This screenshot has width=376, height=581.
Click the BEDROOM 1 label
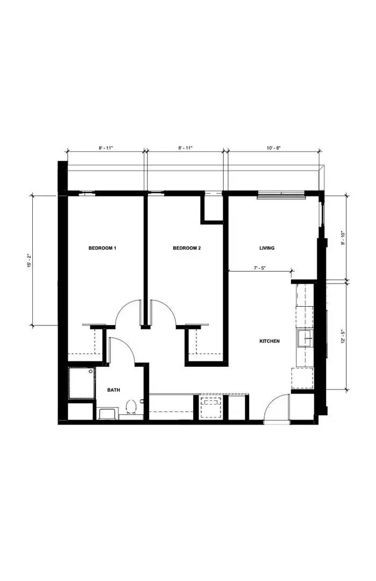102,248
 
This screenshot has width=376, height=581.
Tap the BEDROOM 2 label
187,248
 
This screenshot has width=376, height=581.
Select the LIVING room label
267,248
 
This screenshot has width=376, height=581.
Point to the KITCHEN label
269,341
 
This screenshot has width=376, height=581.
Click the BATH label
113,390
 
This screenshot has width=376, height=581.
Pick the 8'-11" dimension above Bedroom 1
105,147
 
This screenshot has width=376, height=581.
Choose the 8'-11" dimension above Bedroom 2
186,147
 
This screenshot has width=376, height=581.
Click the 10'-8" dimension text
273,147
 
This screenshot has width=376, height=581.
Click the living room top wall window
280,194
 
